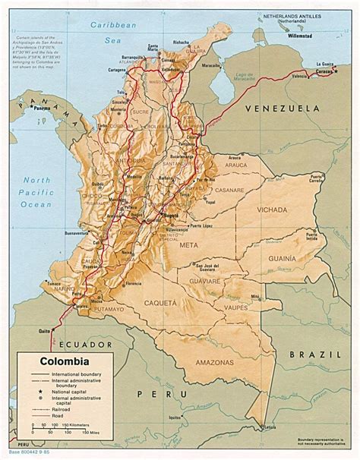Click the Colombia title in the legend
(57, 363)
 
